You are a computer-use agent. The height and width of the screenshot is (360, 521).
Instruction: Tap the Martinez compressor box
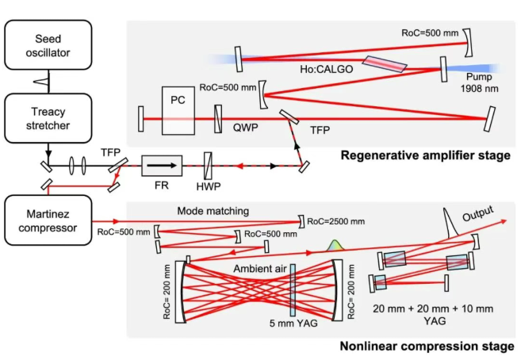tap(46, 215)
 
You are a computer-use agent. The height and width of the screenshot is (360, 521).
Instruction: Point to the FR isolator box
tap(162, 165)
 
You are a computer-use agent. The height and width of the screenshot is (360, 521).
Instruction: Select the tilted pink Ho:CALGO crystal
tap(381, 64)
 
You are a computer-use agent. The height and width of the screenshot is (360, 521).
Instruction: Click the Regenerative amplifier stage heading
tap(425, 155)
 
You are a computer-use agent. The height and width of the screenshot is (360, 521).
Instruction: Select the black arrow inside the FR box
tap(162, 166)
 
